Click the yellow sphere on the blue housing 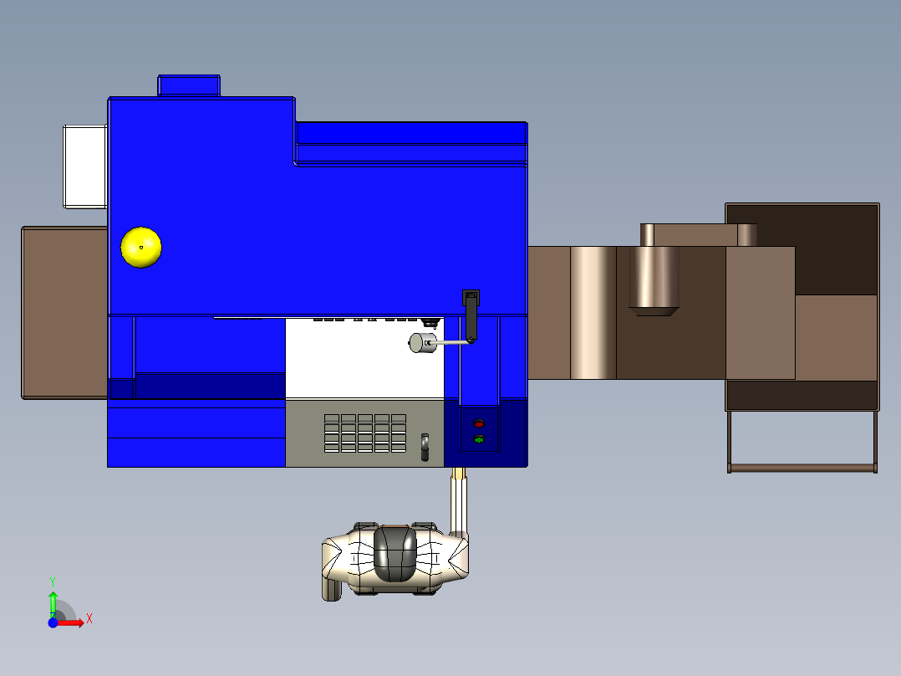click(x=141, y=248)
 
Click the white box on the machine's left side click(x=84, y=166)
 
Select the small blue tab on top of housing click(x=189, y=85)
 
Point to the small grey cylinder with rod click(x=421, y=343)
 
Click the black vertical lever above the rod click(x=471, y=313)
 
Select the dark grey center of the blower click(x=395, y=553)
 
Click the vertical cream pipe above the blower click(x=458, y=502)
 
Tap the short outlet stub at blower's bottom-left click(x=329, y=589)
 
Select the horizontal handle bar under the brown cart click(x=802, y=468)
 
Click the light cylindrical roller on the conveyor click(x=593, y=312)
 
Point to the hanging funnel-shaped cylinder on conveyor click(x=654, y=280)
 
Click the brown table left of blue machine click(x=64, y=312)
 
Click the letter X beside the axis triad click(x=89, y=619)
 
